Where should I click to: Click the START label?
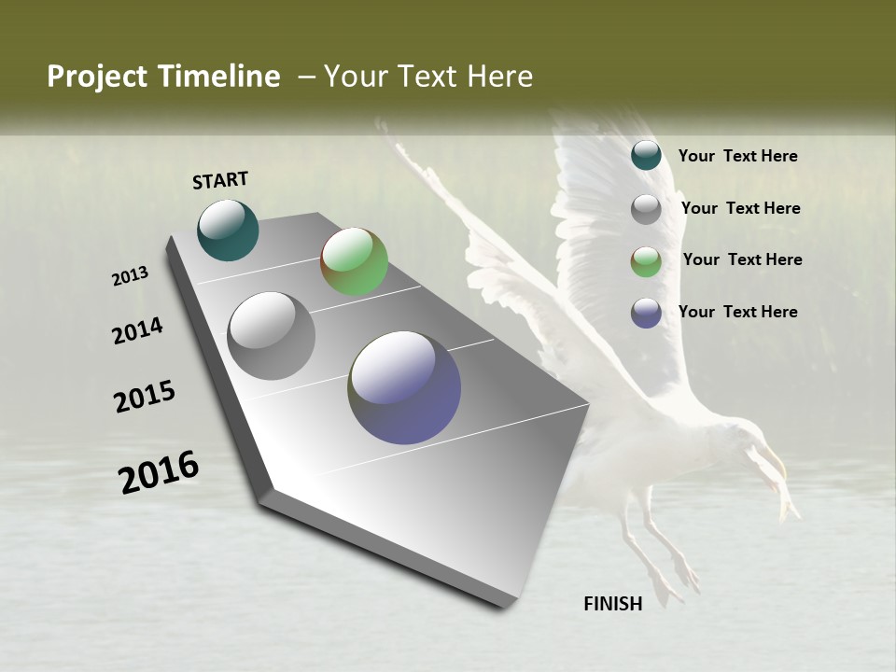coord(220,180)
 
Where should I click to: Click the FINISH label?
coord(612,604)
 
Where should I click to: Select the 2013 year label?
coord(130,276)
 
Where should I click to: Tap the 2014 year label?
coord(137,331)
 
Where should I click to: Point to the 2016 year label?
coord(159,472)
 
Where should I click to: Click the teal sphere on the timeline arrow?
coord(228,230)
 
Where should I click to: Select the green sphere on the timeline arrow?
coord(354,261)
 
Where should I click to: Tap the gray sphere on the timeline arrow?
coord(271,336)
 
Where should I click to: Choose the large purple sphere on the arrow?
coord(404,387)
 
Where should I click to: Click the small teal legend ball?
coord(646,155)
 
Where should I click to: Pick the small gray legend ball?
coord(646,208)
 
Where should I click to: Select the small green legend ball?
coord(646,260)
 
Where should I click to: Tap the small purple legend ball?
coord(646,313)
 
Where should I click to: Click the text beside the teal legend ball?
coord(737,156)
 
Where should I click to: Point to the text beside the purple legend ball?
coord(737,312)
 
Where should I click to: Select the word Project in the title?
coord(97,77)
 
